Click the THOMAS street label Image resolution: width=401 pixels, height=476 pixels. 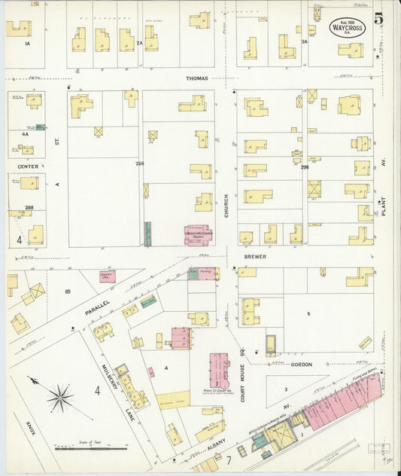point(197,78)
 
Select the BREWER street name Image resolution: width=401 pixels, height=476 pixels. point(255,256)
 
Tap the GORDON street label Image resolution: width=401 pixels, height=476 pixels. point(301,364)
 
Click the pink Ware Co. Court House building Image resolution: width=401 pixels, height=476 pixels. point(219,370)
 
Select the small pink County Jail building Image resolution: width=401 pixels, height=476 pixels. point(108,277)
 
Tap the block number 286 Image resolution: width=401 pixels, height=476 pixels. point(139,163)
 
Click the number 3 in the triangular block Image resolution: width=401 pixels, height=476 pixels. point(285,389)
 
